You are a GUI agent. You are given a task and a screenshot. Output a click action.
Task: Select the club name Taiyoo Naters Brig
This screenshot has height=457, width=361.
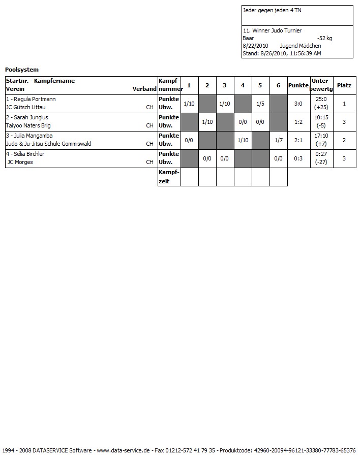[28, 125]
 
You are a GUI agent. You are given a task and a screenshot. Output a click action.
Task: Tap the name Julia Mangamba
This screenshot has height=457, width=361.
[32, 136]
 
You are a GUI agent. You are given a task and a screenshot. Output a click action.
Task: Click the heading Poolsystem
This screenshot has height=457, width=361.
[22, 70]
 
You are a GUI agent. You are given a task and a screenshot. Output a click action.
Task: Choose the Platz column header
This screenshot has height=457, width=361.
[344, 85]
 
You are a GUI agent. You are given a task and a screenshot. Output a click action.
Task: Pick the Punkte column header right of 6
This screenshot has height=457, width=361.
[298, 85]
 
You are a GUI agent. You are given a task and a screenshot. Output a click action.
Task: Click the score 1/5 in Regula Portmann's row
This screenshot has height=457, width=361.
[260, 104]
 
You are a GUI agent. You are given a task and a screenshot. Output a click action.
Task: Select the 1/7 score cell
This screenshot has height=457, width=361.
[278, 140]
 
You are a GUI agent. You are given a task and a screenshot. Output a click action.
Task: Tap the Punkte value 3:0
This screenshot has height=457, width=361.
[298, 104]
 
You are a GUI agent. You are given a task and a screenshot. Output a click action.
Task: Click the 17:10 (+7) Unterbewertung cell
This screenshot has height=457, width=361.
[321, 140]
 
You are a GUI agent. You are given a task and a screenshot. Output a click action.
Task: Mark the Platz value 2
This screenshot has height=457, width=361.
[344, 140]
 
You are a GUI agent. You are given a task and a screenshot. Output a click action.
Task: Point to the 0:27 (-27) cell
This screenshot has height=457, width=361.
[321, 158]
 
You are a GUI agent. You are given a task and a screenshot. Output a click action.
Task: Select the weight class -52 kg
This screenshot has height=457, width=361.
[324, 38]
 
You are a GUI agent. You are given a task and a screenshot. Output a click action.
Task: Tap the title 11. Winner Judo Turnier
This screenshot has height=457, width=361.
[272, 30]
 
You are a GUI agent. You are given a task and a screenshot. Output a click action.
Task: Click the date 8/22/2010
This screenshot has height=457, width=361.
[255, 46]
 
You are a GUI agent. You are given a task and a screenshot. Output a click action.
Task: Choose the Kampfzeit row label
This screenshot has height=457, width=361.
[169, 177]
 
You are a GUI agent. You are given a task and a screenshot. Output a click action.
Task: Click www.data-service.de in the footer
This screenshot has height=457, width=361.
[123, 450]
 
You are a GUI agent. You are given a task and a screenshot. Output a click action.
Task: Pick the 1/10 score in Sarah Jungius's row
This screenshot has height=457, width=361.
[207, 122]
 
